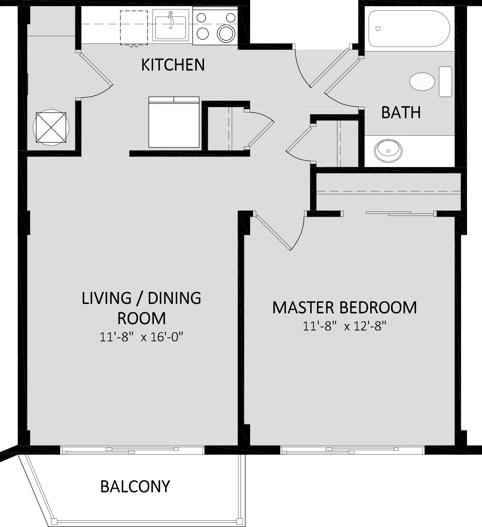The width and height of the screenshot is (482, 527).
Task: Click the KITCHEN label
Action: (x=173, y=65)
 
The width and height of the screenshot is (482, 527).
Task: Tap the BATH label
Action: (x=401, y=113)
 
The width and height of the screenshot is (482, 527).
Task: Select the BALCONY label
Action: (x=135, y=486)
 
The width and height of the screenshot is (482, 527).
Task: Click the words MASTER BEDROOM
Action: (x=344, y=307)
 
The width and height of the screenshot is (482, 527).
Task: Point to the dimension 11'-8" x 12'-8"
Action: (x=344, y=326)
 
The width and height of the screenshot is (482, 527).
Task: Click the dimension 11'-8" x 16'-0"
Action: (x=141, y=337)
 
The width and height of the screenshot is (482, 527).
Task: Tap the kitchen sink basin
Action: (x=170, y=27)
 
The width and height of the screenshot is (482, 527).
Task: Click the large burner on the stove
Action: (x=226, y=34)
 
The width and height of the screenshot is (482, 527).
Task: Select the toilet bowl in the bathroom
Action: (x=422, y=82)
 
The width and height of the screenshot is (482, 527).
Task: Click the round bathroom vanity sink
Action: (x=388, y=151)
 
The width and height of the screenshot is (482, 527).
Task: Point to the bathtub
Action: (x=409, y=29)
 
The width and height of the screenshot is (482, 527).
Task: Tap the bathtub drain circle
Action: (x=378, y=28)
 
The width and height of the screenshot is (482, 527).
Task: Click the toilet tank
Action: (x=445, y=81)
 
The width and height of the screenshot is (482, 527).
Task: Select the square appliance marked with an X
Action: (x=51, y=127)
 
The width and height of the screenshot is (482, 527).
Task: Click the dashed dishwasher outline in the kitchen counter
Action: (x=134, y=28)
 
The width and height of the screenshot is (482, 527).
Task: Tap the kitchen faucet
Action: (x=171, y=18)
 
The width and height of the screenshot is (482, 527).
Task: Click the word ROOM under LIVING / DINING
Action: (x=141, y=318)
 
